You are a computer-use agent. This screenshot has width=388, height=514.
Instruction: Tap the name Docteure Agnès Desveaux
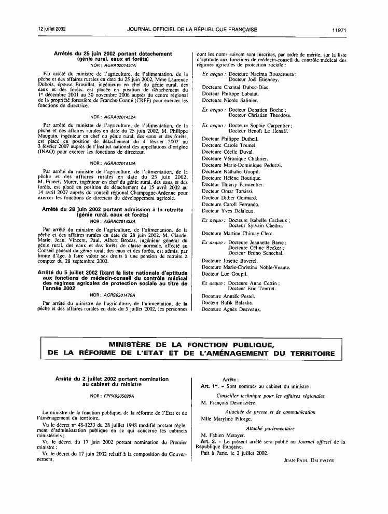(231, 309)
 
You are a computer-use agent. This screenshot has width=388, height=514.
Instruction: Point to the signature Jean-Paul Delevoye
(310, 460)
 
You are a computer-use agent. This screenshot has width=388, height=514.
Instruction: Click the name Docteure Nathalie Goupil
(230, 171)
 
